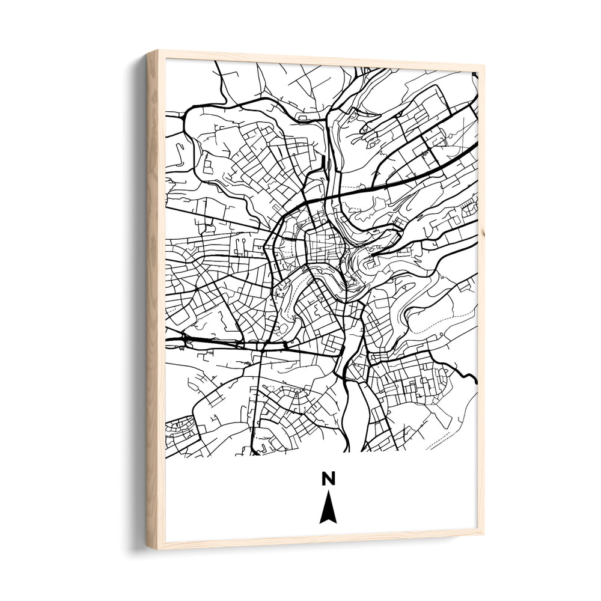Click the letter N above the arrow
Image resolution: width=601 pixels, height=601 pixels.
pyautogui.click(x=328, y=478)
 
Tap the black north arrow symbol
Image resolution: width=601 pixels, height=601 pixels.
pyautogui.click(x=328, y=508)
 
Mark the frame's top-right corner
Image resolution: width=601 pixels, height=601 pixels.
pyautogui.click(x=483, y=67)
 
